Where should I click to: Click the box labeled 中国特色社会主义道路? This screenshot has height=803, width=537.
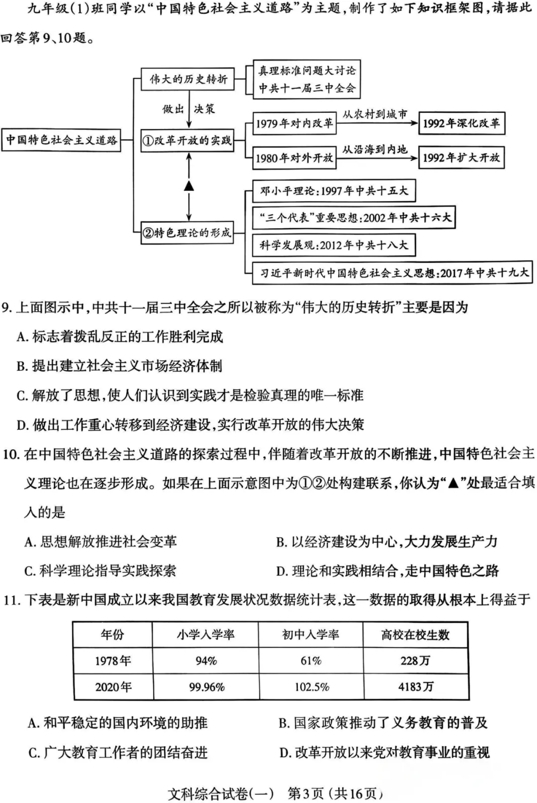tap(61, 140)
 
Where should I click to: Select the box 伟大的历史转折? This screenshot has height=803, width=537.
tap(188, 79)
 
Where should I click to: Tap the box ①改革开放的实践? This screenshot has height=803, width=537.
tap(188, 141)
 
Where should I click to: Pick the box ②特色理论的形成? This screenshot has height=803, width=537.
tap(188, 233)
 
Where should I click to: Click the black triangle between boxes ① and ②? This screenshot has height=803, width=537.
tap(189, 186)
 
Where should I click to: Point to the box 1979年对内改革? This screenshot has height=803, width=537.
tap(294, 123)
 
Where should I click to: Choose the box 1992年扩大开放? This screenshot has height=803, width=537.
tap(461, 158)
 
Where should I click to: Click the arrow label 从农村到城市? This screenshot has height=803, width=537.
tap(375, 115)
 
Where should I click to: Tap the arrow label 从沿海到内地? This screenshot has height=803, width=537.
tap(375, 150)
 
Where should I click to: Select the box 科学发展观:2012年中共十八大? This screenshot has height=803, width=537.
tap(333, 245)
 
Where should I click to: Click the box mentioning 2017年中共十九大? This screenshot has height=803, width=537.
tap(392, 273)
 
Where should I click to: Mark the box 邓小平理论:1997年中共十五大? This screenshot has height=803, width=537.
tap(333, 191)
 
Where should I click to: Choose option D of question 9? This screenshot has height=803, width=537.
tap(190, 425)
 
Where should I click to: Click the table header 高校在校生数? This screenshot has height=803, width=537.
tap(415, 635)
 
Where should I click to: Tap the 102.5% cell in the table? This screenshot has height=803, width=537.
tap(312, 687)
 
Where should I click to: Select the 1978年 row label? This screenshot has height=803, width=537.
tap(113, 660)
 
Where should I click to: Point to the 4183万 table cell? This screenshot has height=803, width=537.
tap(415, 687)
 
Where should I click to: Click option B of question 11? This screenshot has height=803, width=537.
tap(383, 723)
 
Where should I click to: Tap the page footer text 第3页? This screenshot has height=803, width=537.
tap(306, 793)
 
